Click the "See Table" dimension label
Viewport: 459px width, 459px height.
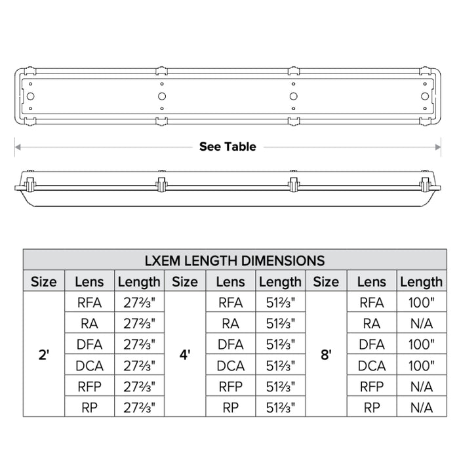click(x=228, y=146)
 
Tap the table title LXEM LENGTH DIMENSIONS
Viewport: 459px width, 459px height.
click(x=234, y=260)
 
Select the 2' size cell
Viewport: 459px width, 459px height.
click(x=43, y=354)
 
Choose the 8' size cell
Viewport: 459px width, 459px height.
click(x=326, y=354)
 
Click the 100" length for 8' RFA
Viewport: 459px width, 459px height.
click(x=421, y=302)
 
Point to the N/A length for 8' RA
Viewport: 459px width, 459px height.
click(x=421, y=323)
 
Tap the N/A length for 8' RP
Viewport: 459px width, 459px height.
click(x=421, y=407)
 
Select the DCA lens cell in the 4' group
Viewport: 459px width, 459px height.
click(x=230, y=365)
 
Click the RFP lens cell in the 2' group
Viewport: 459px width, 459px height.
click(x=89, y=386)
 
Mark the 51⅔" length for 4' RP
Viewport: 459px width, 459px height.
click(x=280, y=407)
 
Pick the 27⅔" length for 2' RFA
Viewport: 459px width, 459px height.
click(x=139, y=302)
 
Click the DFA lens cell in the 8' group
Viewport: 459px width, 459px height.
click(x=372, y=344)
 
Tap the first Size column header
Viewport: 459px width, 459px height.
click(x=43, y=282)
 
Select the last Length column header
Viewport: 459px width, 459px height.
click(x=421, y=282)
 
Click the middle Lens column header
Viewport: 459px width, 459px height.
click(x=230, y=282)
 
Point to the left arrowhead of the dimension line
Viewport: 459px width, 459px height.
click(x=18, y=146)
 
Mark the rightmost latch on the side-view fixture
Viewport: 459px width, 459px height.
click(x=293, y=184)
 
